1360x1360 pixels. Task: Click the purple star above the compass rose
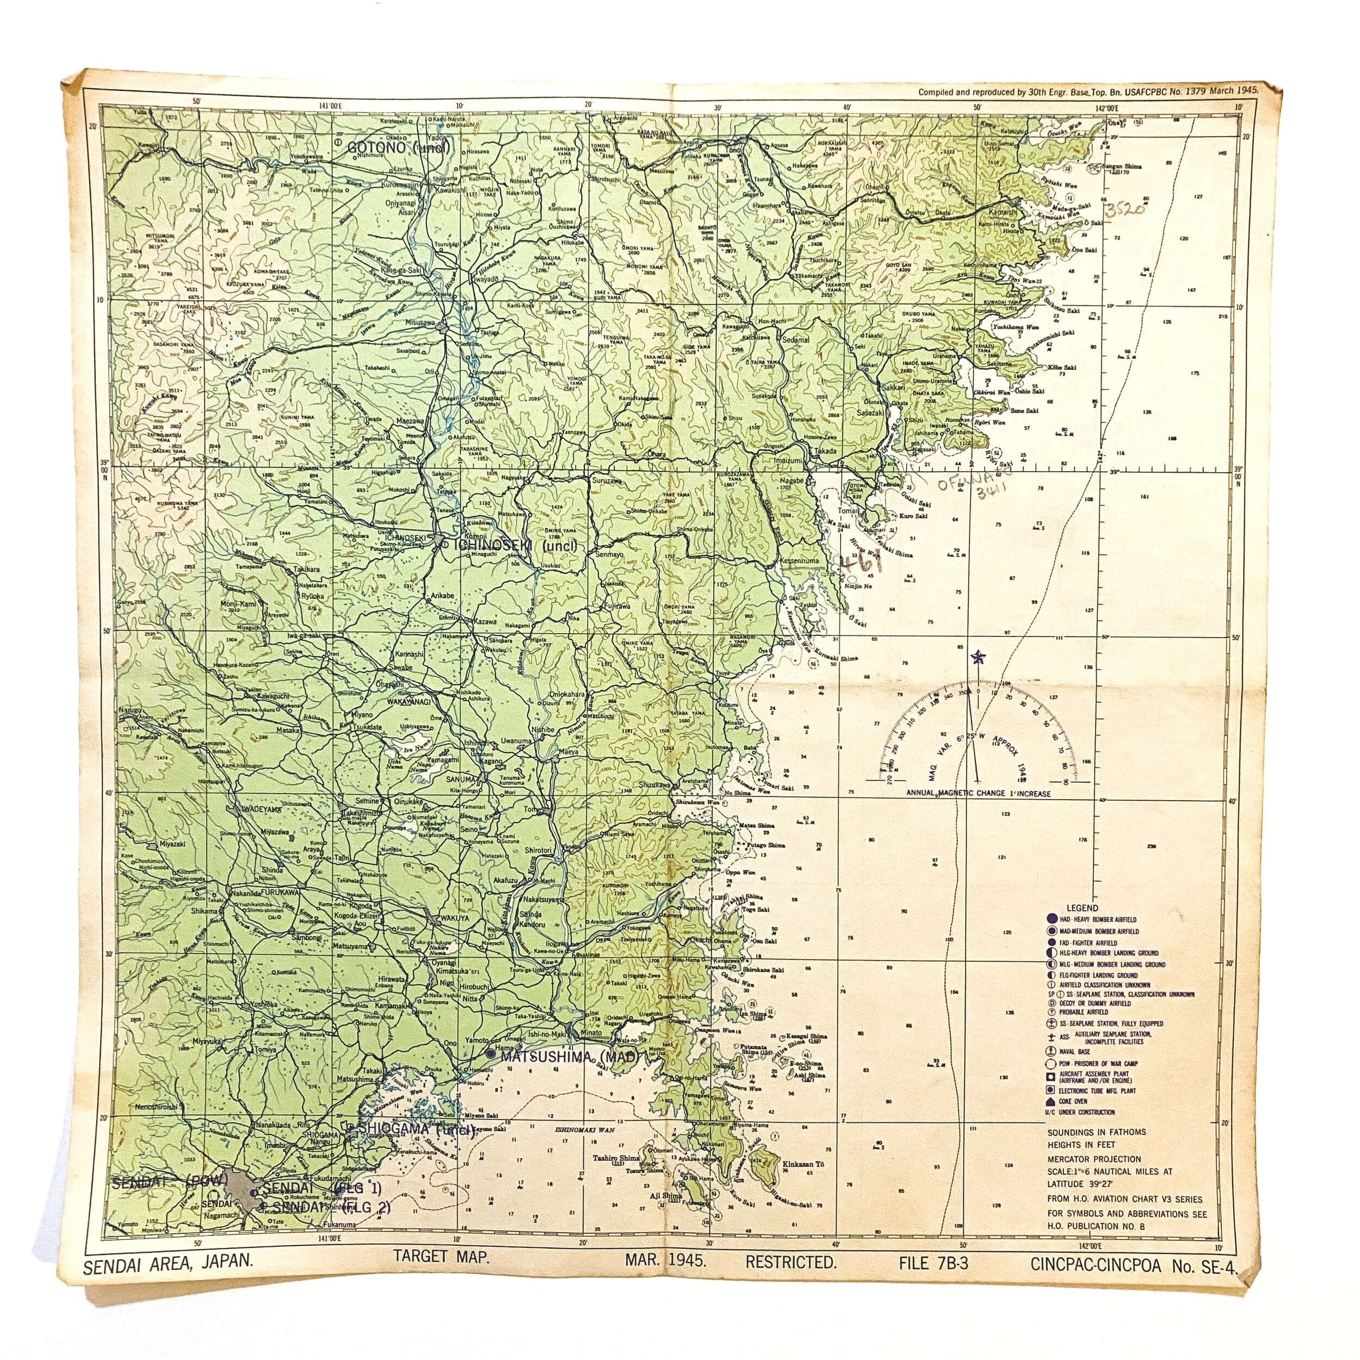(977, 658)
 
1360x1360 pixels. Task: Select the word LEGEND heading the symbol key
(1082, 908)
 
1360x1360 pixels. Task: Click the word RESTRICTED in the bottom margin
(791, 1262)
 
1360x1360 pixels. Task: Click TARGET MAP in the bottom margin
(441, 1257)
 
